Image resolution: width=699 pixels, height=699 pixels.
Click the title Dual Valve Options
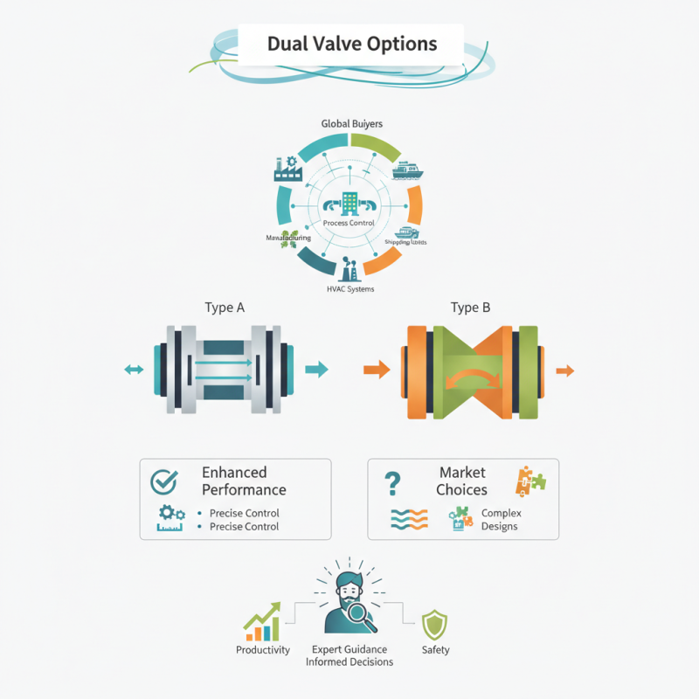click(x=351, y=43)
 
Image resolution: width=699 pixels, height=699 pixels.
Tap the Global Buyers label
click(x=350, y=124)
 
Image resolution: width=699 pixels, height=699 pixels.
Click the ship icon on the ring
click(x=408, y=170)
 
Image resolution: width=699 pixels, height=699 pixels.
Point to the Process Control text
click(x=349, y=223)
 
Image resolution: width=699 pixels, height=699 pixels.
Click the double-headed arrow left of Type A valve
click(x=134, y=370)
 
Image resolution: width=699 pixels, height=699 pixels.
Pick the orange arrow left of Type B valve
click(x=376, y=370)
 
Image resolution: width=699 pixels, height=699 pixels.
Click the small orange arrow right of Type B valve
click(x=565, y=370)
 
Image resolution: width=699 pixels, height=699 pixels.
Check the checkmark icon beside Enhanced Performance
click(x=163, y=481)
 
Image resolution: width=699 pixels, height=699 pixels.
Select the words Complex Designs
click(x=500, y=519)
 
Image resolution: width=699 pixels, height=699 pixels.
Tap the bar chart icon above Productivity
click(x=262, y=622)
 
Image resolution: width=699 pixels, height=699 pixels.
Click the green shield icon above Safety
click(x=434, y=625)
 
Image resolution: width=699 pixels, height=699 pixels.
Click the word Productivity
click(x=263, y=650)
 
